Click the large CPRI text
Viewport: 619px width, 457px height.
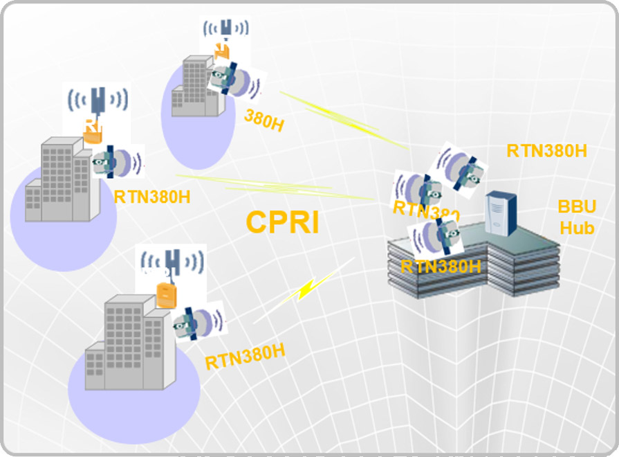tap(282, 222)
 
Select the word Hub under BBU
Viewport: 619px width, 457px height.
tap(577, 227)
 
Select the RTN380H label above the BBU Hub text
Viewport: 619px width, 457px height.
tap(546, 150)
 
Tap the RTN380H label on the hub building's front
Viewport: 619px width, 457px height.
tap(441, 266)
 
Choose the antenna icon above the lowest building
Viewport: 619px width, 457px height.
tap(172, 264)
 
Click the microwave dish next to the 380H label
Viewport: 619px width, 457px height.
tap(235, 81)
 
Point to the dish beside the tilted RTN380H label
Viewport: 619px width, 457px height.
tap(198, 322)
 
